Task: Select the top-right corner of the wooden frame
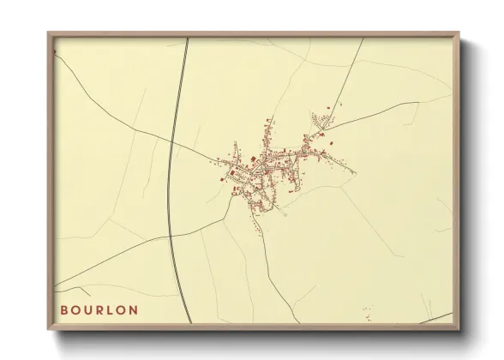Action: pos(459,33)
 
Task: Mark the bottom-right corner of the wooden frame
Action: pos(459,330)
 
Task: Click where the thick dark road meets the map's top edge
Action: pos(186,39)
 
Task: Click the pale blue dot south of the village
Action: pos(284,213)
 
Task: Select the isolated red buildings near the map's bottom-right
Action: pos(369,309)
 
